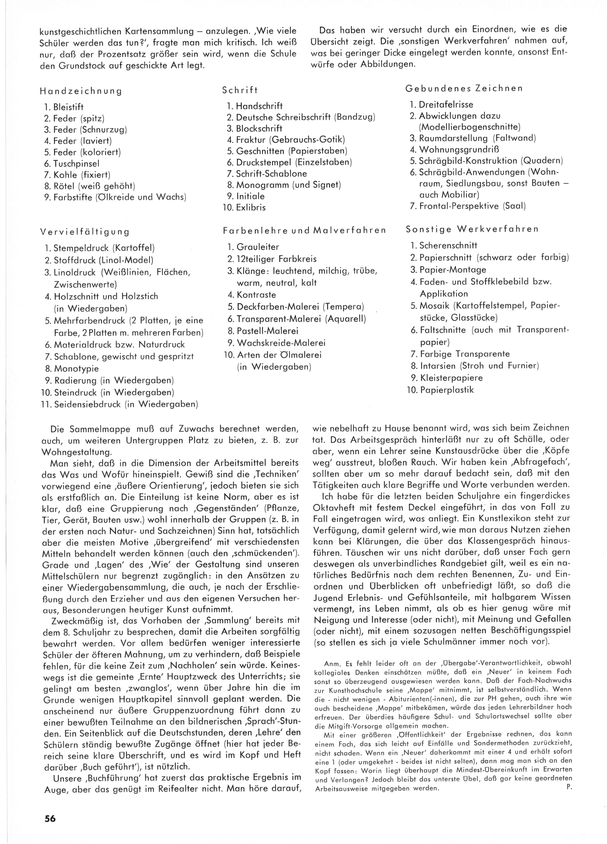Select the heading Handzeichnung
tap(81, 91)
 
